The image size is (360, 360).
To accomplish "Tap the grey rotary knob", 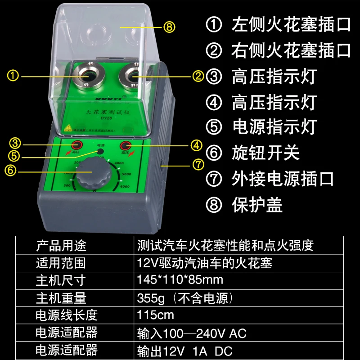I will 92,177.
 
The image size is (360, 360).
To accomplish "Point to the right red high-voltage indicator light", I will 125,145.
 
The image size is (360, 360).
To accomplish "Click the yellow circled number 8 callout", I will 169,27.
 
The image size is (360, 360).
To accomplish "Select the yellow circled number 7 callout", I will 198,165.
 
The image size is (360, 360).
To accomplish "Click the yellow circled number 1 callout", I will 14,76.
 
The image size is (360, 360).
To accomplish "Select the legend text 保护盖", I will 257,205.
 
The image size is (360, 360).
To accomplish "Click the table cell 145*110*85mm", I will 180,280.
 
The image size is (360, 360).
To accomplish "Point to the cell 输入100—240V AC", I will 192,333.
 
